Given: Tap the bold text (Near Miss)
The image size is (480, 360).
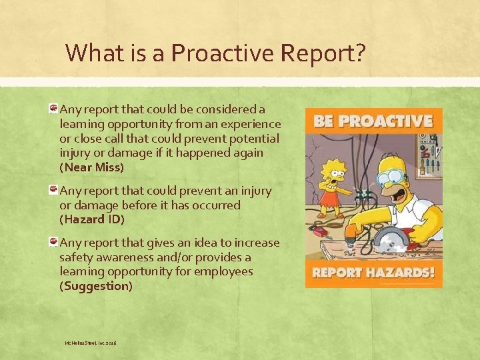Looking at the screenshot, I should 92,167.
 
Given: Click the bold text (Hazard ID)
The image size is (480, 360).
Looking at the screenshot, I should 92,219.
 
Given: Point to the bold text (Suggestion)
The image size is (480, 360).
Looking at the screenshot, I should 97,286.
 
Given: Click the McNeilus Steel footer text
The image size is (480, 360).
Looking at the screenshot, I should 90,343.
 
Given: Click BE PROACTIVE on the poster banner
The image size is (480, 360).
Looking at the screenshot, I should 373,122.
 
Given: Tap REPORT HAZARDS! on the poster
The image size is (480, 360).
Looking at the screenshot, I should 373,273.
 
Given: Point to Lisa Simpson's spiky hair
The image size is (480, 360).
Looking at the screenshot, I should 331,163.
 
